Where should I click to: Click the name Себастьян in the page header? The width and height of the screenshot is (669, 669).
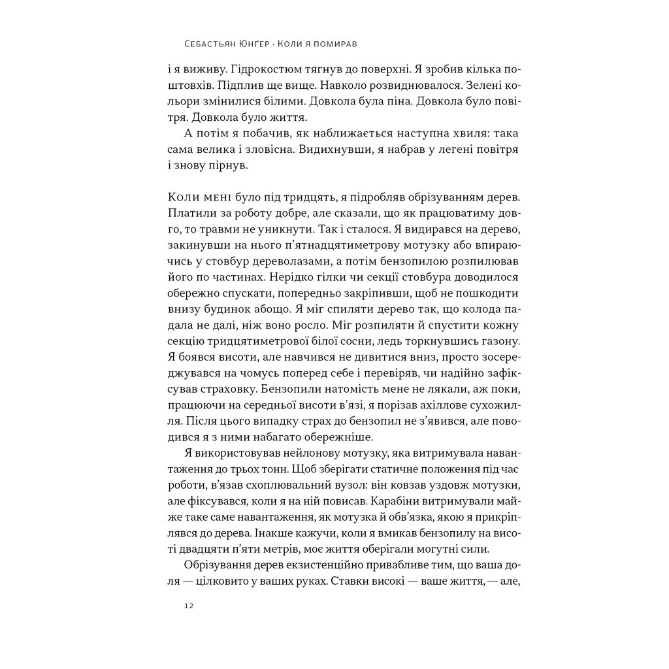(x=210, y=45)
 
